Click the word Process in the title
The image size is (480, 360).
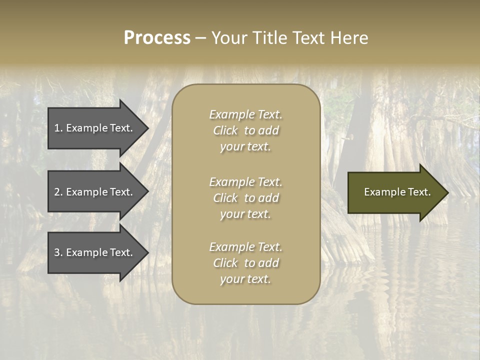157,38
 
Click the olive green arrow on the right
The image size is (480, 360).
395,192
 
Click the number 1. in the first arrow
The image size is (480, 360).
58,128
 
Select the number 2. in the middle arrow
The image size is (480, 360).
58,192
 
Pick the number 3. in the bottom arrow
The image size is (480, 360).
58,252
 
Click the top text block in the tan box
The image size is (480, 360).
245,130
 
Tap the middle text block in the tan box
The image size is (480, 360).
245,198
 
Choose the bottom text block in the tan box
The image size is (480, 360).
245,263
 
